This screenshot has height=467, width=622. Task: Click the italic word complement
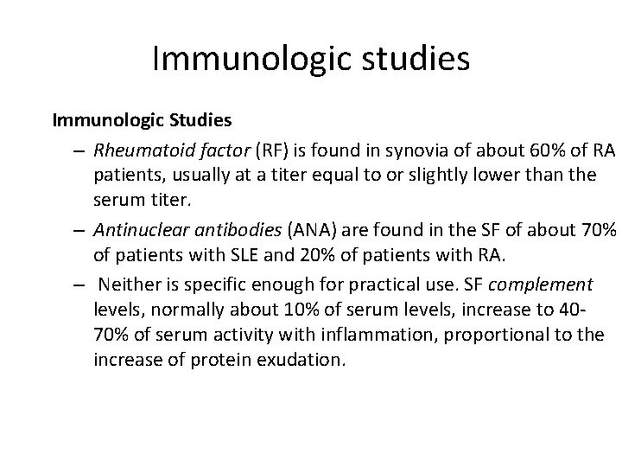[x=551, y=285]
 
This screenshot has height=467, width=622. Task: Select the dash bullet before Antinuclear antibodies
[x=77, y=231]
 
